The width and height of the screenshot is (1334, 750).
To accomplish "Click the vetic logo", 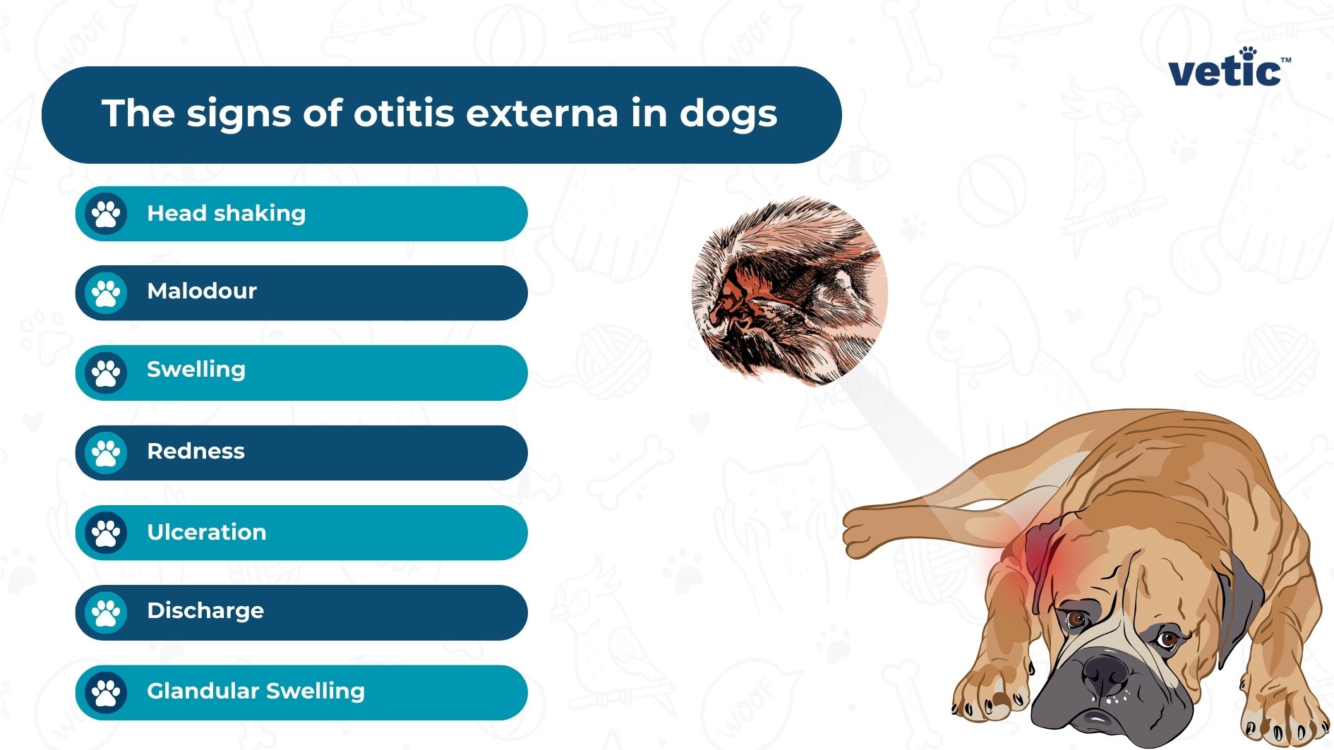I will point(1227,71).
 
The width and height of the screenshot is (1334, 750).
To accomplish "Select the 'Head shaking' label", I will point(226,213).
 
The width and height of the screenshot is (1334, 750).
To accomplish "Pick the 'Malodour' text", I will point(202,291).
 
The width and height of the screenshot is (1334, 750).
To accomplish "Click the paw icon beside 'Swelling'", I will point(106,373).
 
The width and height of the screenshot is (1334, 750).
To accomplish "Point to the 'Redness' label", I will point(196,451).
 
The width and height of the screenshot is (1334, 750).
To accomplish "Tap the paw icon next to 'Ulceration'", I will point(106,533).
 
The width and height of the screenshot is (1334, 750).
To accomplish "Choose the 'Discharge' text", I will point(205,610).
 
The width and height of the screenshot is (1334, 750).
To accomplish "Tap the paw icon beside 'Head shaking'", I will point(106,213).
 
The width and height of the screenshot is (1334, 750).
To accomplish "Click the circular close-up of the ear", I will point(789,291).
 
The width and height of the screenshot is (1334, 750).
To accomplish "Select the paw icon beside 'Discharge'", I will point(106,612).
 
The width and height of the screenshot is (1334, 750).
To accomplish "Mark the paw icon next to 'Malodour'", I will point(106,293).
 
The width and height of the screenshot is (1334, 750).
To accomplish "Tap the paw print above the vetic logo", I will point(1248,52).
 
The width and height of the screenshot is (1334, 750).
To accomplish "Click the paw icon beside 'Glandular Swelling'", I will point(106,692).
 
